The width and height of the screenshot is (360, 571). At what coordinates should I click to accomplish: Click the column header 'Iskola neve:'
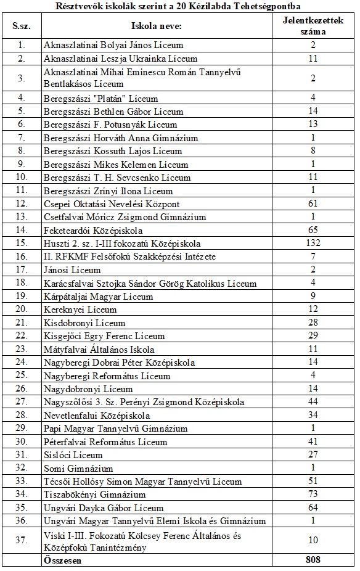pyautogui.click(x=157, y=27)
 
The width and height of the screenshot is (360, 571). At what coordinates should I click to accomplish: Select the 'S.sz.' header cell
pyautogui.click(x=22, y=27)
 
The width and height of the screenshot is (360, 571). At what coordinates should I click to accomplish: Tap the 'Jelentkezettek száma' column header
pyautogui.click(x=313, y=27)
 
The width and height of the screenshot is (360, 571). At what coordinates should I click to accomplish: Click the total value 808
pyautogui.click(x=313, y=561)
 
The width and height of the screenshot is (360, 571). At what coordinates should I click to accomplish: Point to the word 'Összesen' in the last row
pyautogui.click(x=62, y=561)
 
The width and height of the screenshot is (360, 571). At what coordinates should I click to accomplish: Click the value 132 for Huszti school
pyautogui.click(x=313, y=243)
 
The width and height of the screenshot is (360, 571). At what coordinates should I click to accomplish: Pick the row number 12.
pyautogui.click(x=22, y=204)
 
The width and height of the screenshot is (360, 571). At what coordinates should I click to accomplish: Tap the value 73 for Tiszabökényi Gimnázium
pyautogui.click(x=313, y=495)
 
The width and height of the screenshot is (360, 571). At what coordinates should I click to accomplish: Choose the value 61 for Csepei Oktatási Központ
pyautogui.click(x=313, y=204)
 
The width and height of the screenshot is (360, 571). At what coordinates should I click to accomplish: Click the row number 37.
pyautogui.click(x=22, y=541)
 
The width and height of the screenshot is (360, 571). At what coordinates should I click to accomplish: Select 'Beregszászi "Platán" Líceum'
pyautogui.click(x=101, y=98)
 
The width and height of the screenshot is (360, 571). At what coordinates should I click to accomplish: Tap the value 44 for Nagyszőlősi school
pyautogui.click(x=313, y=402)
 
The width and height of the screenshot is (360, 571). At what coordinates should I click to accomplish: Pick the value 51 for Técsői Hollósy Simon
pyautogui.click(x=313, y=482)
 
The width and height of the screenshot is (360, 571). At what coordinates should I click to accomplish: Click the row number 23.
pyautogui.click(x=22, y=349)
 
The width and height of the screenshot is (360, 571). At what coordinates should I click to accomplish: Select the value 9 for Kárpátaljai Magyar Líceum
pyautogui.click(x=313, y=296)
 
